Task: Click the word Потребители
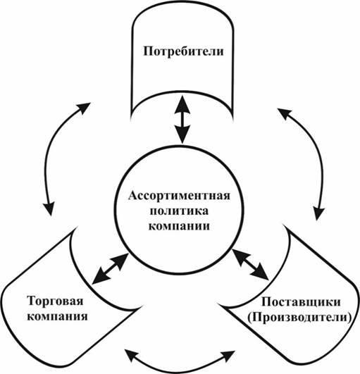(183, 51)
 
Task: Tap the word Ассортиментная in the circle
(179, 196)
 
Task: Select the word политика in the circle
(179, 211)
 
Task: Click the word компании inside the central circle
(179, 226)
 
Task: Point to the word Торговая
(56, 301)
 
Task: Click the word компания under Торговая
(57, 316)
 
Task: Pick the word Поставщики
(301, 302)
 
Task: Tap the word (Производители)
(299, 318)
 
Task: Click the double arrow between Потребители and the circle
(182, 120)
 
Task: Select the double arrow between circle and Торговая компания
(110, 269)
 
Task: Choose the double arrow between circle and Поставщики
(250, 264)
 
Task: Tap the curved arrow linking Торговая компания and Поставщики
(180, 371)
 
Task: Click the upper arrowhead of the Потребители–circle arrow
(182, 104)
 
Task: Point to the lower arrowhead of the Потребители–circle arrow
(182, 135)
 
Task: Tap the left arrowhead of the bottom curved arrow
(131, 355)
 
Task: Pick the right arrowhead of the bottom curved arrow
(229, 356)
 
